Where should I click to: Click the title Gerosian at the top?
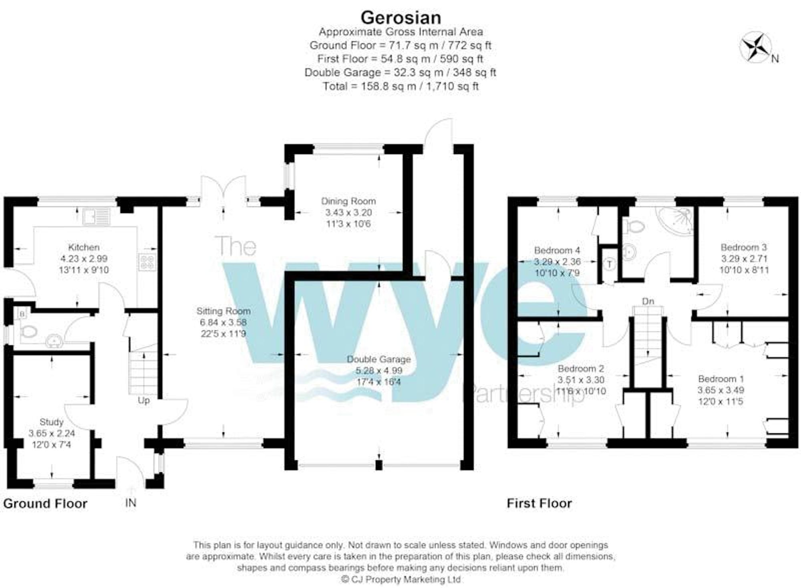(x=400, y=17)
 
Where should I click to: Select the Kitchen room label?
(x=84, y=247)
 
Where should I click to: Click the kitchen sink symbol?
(x=96, y=216)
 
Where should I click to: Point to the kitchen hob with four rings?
(x=147, y=262)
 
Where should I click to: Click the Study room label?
(x=52, y=422)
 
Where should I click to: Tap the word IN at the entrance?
(x=131, y=503)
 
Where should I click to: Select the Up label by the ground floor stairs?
(x=143, y=400)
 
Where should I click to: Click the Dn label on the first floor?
(x=648, y=301)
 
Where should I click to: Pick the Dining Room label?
(x=348, y=201)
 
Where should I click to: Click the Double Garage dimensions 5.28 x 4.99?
(x=378, y=371)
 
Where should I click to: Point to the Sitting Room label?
(x=223, y=311)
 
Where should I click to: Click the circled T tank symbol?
(x=610, y=264)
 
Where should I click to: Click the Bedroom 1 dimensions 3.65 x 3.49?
(x=720, y=390)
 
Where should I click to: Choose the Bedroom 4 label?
(x=557, y=250)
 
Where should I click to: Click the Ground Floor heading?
(x=45, y=503)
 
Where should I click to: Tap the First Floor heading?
(x=539, y=503)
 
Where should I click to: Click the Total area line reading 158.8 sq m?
(x=400, y=86)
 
